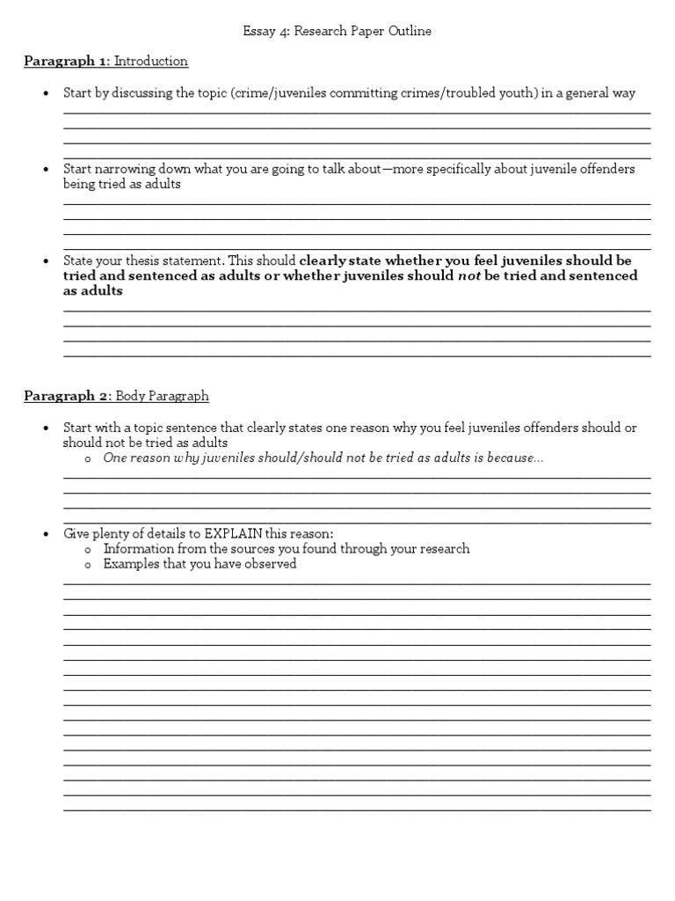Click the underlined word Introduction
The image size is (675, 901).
151,62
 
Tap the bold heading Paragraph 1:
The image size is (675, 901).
67,62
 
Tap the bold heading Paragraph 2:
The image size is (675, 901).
67,397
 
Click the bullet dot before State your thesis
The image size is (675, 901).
46,261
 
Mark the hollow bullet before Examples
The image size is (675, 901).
88,565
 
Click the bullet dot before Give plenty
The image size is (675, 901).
46,535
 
